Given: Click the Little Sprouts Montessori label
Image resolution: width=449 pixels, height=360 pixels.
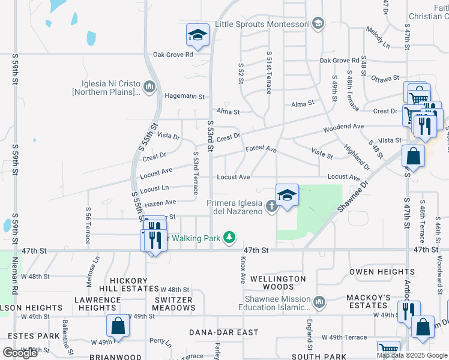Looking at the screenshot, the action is click(x=262, y=24).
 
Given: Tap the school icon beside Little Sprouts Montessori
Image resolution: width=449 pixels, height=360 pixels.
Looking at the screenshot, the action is click(x=318, y=24).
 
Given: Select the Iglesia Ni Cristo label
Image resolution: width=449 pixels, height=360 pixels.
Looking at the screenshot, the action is click(x=107, y=88).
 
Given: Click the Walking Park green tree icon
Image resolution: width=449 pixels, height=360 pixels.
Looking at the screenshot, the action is click(x=229, y=238).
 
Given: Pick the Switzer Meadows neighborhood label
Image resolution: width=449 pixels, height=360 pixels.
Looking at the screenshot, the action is click(x=173, y=304).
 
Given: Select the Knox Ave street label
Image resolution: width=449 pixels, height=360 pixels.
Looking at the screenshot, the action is click(x=243, y=271).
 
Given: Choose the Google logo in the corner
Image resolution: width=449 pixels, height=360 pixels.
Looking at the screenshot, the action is click(x=20, y=353).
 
